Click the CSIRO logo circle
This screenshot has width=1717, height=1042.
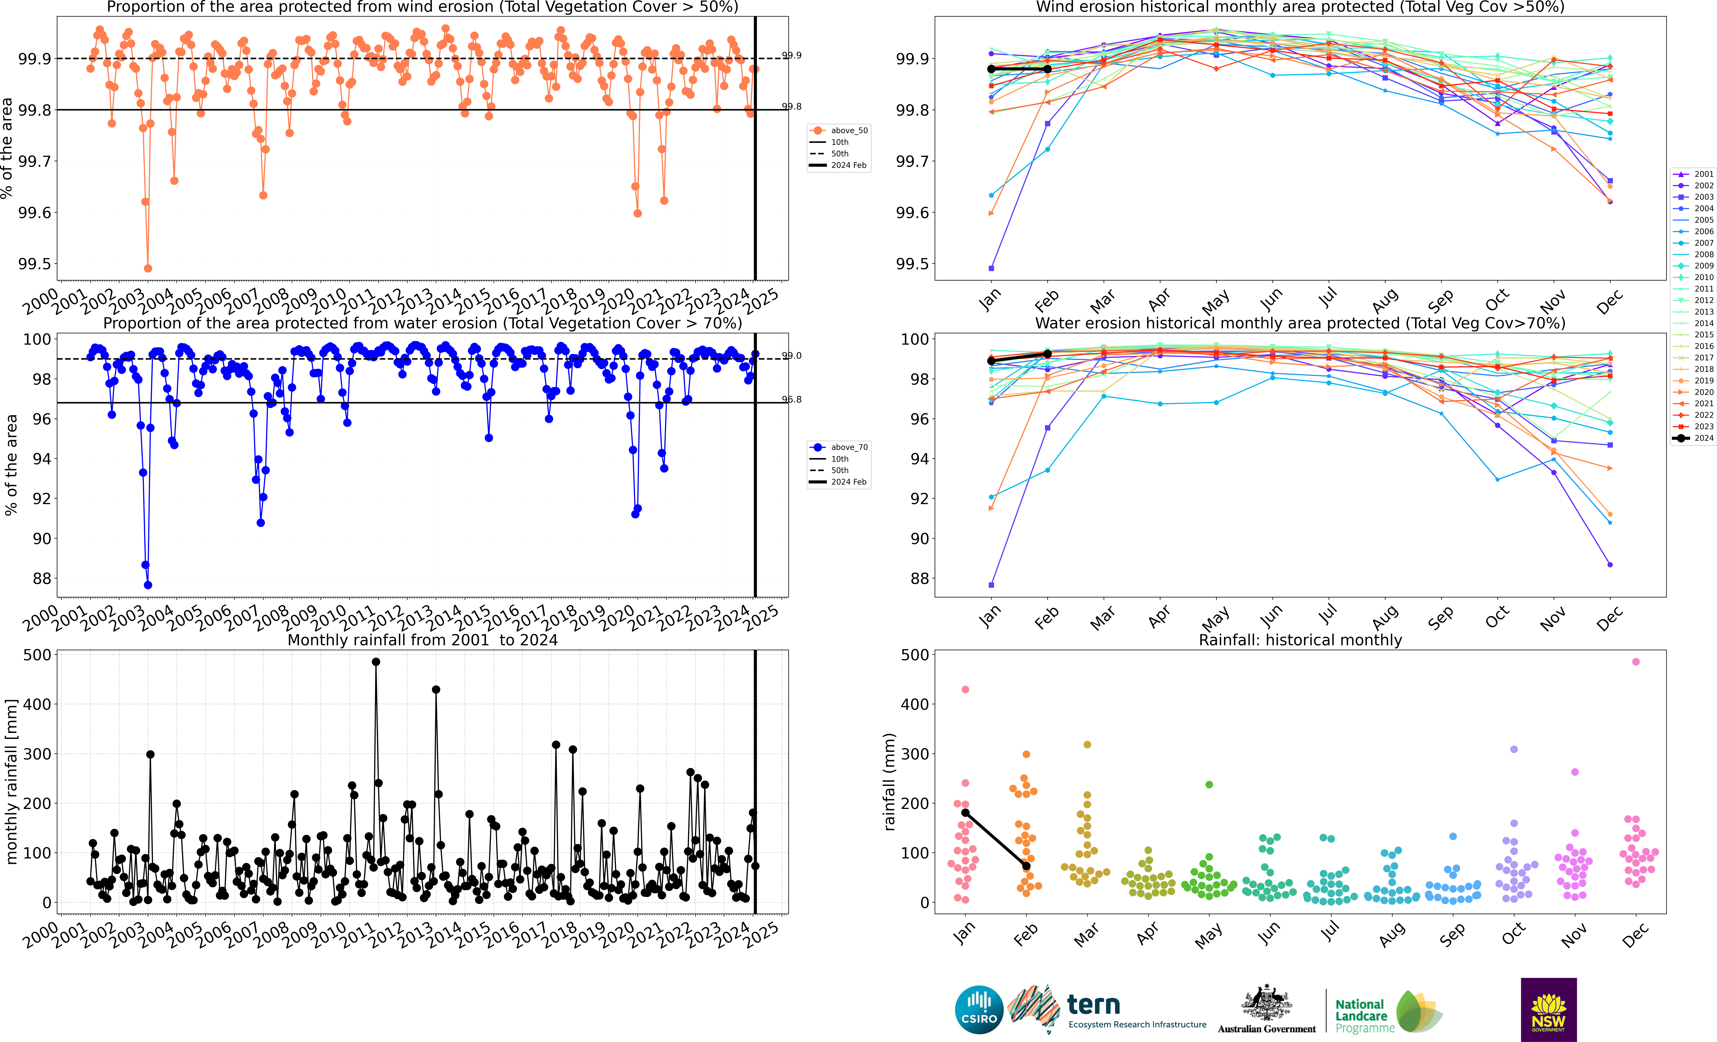(979, 1009)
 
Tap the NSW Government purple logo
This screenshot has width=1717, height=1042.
(1548, 1009)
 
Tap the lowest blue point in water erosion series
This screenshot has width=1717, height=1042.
(148, 585)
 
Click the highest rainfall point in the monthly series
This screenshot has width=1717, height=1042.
(376, 662)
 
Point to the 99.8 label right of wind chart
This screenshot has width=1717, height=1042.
(792, 107)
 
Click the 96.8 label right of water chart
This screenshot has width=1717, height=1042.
(792, 399)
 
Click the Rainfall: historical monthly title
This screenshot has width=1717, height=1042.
(1300, 640)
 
